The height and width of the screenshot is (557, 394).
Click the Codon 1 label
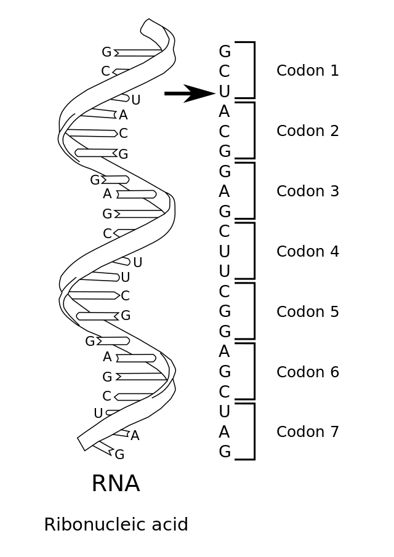(307, 71)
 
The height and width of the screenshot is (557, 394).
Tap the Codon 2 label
(307, 131)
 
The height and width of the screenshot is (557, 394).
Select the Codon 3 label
(307, 191)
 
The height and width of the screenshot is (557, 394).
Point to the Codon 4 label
(307, 252)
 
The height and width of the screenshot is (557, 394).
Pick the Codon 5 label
(307, 312)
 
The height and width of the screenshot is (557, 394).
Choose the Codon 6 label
(307, 372)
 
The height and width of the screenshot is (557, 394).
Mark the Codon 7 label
(307, 432)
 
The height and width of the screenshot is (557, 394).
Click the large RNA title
(116, 484)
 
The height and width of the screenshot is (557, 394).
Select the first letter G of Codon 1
(225, 52)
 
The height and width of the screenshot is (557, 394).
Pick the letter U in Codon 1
(225, 92)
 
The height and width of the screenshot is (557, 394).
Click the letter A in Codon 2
(225, 111)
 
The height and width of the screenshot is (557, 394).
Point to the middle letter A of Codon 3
(225, 191)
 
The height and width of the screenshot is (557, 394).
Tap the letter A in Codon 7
(225, 432)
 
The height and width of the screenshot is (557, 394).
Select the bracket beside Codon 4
(253, 251)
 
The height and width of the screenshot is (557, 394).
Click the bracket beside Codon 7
(253, 431)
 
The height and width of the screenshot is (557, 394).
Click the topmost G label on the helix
(107, 52)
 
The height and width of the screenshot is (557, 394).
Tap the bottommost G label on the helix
(119, 455)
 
